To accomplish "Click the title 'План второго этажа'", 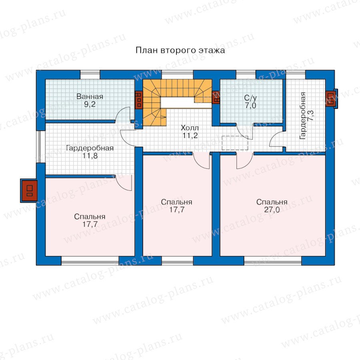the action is click(180, 50).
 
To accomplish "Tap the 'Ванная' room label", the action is click(90, 96).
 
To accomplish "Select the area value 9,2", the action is click(90, 104).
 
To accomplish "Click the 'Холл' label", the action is click(190, 128).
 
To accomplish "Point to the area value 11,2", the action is click(190, 136).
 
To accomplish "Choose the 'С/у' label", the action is click(250, 98).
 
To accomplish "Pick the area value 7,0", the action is click(250, 105).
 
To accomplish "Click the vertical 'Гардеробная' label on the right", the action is click(303, 116).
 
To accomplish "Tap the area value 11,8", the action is click(90, 156).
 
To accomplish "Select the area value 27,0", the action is click(272, 210).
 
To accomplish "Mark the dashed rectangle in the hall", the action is click(235, 143).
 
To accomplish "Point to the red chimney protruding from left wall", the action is click(29, 190).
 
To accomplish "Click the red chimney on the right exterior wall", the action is click(331, 99).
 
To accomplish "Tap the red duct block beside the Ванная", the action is click(138, 100).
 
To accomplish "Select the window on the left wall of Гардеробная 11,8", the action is click(41, 147).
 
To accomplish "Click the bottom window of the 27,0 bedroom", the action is click(272, 260).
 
